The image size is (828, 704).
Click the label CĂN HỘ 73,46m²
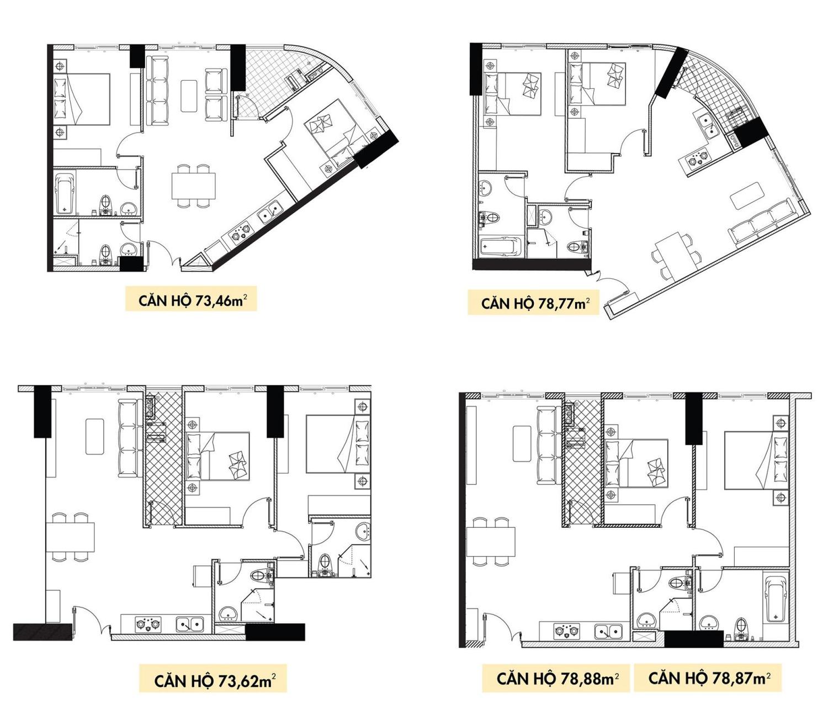pos(191,300)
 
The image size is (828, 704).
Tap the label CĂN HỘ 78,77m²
pos(535,303)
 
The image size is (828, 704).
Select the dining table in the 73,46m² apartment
pos(194,186)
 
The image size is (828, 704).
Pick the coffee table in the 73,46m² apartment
pos(189,96)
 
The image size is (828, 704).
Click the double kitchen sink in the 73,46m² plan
pos(269,213)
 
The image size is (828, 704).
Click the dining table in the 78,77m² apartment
pos(673,256)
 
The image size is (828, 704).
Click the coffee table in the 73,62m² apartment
pos(94,436)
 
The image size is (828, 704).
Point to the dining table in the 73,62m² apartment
pos(70,537)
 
